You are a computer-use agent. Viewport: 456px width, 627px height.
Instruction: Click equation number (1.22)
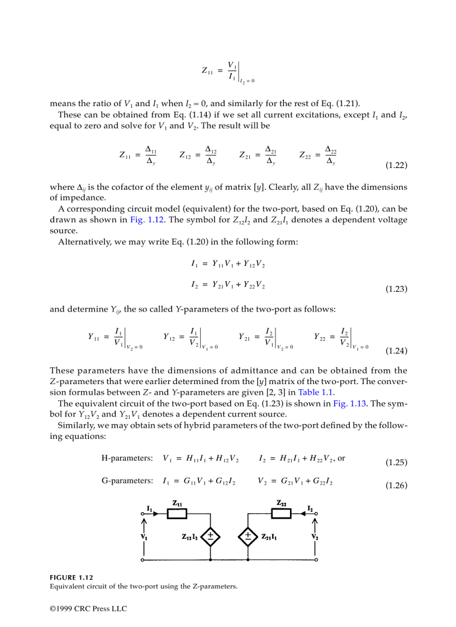tap(396, 166)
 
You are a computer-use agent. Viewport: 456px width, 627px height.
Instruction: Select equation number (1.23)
tap(396, 289)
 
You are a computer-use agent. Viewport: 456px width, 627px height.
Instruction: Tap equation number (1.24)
tap(396, 351)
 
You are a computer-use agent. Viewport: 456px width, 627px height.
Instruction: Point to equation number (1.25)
tap(396, 462)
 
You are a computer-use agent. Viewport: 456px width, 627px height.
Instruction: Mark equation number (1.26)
tap(396, 485)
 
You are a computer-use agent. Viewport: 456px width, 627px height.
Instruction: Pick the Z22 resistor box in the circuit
tap(282, 514)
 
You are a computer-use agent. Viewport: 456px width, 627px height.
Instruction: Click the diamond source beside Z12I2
tap(211, 537)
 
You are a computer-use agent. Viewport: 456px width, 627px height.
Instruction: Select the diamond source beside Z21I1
tap(247, 537)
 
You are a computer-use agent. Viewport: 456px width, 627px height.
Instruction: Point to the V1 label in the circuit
tap(144, 537)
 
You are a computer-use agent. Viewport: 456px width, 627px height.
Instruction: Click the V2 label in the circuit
tap(315, 537)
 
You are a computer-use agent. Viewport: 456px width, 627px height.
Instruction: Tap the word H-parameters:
tap(127, 458)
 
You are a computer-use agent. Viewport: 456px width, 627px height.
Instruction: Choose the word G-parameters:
tap(127, 481)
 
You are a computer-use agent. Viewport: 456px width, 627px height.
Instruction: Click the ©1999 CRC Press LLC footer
tap(88, 609)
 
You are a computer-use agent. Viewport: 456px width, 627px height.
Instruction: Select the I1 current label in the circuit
tap(149, 508)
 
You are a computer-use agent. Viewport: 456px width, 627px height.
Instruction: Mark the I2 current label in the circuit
tap(310, 508)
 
